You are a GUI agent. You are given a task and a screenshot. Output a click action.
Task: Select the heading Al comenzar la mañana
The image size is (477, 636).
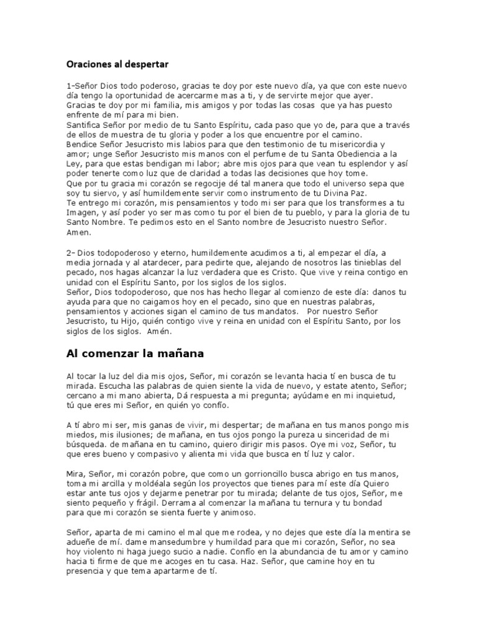point(135,355)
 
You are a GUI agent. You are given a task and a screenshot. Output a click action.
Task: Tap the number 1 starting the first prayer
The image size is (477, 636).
point(68,86)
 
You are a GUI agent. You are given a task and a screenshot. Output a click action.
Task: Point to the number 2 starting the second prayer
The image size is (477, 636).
point(68,253)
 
